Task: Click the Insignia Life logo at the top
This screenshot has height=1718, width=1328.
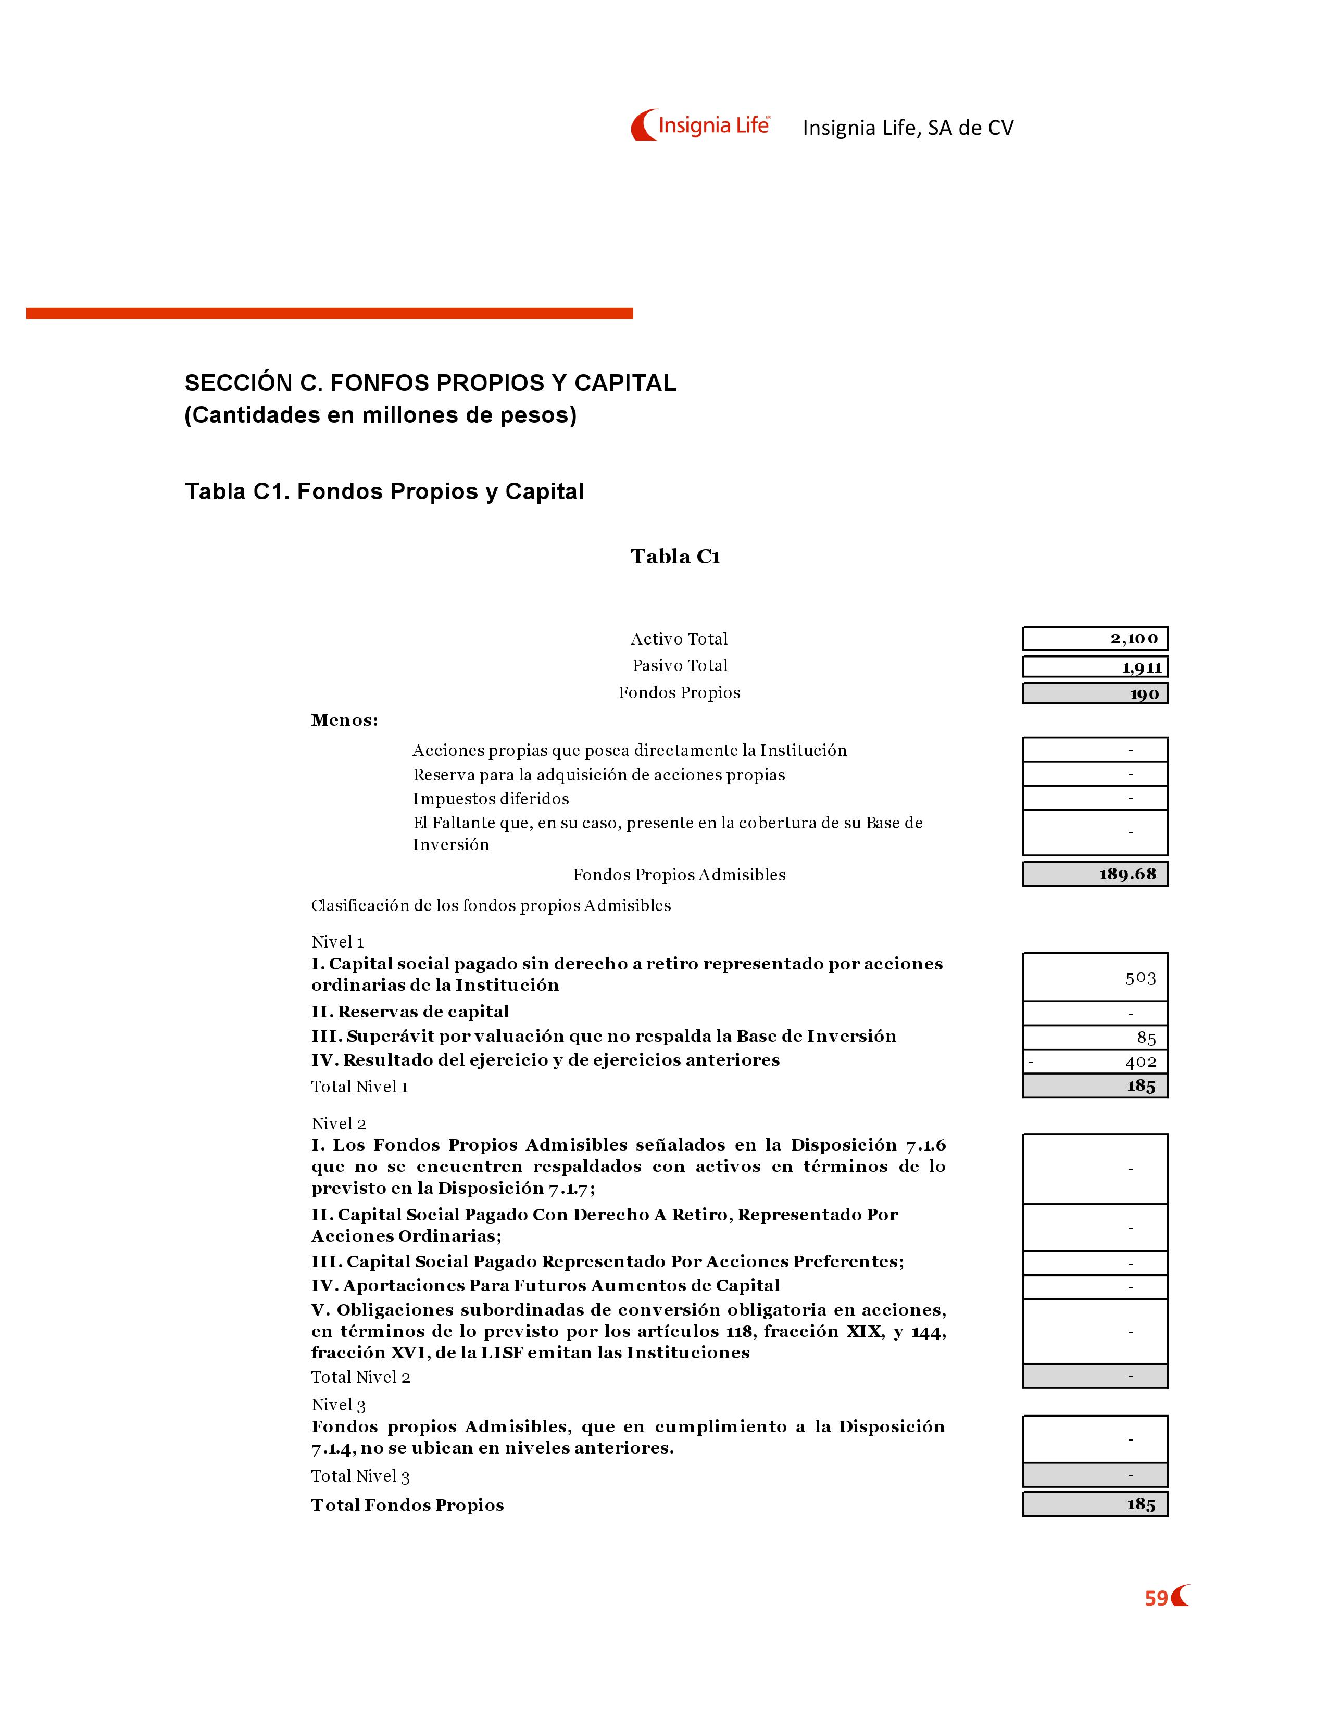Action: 700,125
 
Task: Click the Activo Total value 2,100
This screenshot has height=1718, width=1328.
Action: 1134,639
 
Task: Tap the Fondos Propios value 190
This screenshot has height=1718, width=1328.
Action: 1144,694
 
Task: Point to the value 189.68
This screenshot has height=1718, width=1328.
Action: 1127,874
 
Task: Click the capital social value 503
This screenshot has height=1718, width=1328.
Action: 1140,978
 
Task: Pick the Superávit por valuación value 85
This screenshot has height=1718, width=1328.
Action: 1146,1038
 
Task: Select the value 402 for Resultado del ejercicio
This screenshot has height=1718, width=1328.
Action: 1140,1062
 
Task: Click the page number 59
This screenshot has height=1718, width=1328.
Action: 1156,1598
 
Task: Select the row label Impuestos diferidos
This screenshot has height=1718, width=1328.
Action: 491,799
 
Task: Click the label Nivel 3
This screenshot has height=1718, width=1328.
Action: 339,1405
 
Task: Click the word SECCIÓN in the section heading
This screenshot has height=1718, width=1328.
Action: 239,383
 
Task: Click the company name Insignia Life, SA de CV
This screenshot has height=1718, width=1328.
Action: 908,128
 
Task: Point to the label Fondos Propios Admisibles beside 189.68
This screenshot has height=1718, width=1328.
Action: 679,875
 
